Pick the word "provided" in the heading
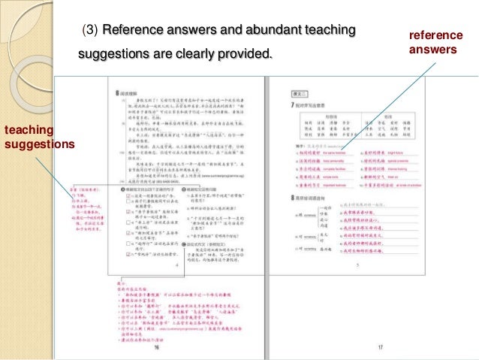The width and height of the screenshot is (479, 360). pyautogui.click(x=246, y=56)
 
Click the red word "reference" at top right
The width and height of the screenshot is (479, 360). pyautogui.click(x=435, y=36)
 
